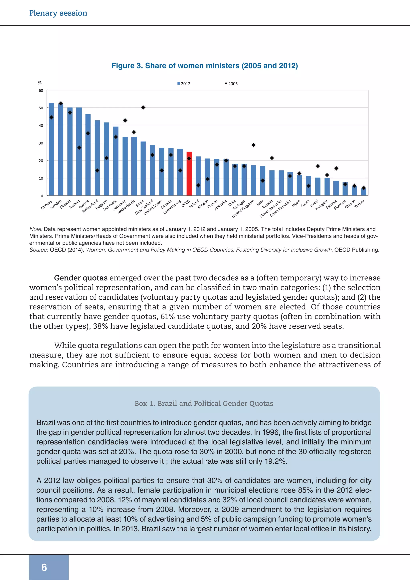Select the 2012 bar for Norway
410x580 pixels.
[x=51, y=149]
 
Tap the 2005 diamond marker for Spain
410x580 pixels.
[x=143, y=108]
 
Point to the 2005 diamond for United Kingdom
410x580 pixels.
[x=253, y=145]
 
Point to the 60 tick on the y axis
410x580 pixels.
[x=41, y=91]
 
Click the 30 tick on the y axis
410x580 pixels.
[x=41, y=143]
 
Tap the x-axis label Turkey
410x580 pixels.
[x=359, y=204]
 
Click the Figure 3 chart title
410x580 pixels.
[x=204, y=66]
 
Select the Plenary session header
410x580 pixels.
[x=58, y=13]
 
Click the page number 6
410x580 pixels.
[x=44, y=567]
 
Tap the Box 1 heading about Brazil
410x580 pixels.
[x=204, y=403]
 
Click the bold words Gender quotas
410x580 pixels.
[x=81, y=278]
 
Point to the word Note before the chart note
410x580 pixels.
[x=36, y=229]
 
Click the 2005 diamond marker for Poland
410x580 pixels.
[x=198, y=185]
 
